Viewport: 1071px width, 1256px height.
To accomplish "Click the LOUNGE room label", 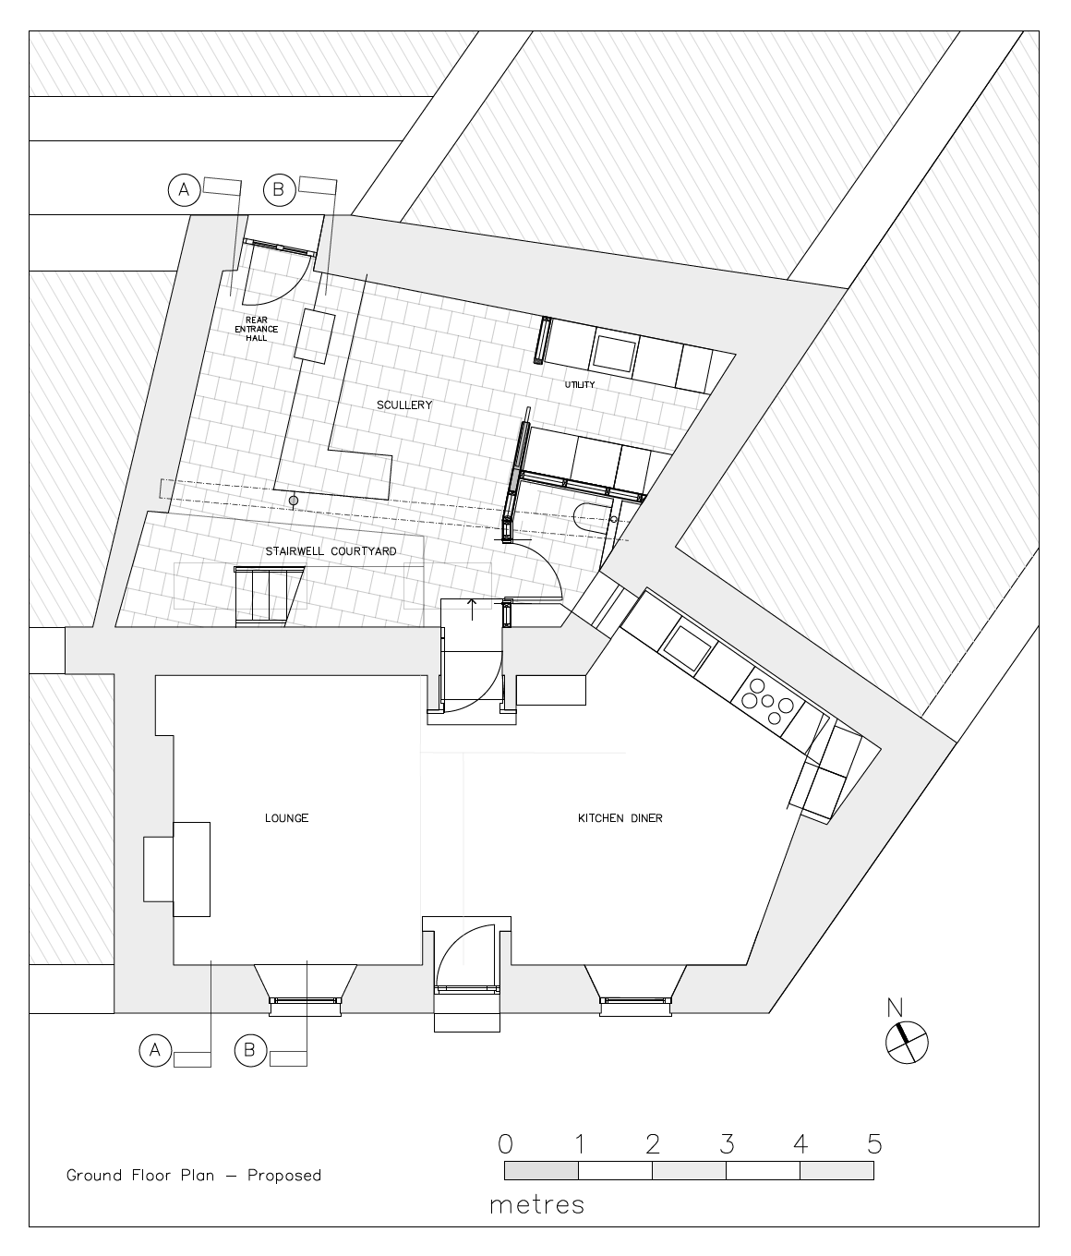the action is coord(287,818).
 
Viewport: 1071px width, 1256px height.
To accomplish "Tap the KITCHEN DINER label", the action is coord(620,818).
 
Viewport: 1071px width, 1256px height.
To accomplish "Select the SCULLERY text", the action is coord(404,405).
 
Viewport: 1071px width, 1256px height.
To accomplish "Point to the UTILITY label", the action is coord(580,384).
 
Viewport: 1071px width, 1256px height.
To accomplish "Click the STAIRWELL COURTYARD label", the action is coord(331,551).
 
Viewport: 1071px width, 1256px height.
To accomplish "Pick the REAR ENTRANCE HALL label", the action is coord(257,329).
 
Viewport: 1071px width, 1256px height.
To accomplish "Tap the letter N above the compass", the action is coord(895,1008).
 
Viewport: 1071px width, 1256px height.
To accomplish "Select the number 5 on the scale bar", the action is coord(874,1144).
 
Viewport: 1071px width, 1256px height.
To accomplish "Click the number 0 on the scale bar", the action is coord(505,1144).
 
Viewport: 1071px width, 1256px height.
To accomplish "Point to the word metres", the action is coord(537,1204).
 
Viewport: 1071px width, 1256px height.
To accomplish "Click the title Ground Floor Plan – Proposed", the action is coord(194,1175).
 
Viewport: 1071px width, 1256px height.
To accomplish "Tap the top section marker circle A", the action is coord(184,190).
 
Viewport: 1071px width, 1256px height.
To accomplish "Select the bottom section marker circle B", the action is coord(249,1050).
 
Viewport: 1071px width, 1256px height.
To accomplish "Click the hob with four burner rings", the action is coord(768,702).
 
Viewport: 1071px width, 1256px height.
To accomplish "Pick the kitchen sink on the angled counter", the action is coord(688,649).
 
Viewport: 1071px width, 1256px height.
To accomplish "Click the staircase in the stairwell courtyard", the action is coord(270,596).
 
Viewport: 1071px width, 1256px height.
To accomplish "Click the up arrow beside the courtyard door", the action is coord(473,609).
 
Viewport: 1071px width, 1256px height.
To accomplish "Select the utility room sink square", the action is coord(616,353).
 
